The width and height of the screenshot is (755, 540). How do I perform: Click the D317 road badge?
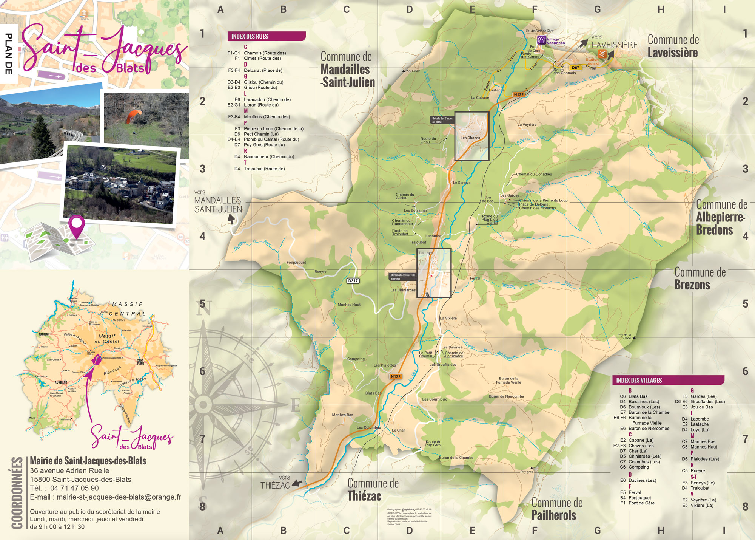point(353,281)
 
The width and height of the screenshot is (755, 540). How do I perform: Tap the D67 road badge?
point(575,68)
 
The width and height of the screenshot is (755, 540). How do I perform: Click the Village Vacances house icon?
point(542,40)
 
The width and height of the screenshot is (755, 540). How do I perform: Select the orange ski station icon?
point(602,54)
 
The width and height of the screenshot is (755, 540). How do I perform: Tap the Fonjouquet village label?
point(296,263)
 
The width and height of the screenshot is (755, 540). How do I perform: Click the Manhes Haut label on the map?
point(349,305)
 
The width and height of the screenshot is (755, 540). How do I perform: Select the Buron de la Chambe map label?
point(456,458)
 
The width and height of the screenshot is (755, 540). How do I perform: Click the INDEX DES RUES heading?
point(250,36)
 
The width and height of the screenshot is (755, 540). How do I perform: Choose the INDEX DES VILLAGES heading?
point(639,380)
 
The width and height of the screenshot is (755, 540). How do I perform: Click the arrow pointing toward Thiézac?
point(297,483)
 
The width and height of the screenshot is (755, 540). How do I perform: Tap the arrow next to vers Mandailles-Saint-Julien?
point(231,219)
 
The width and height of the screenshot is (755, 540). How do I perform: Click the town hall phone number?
point(74,488)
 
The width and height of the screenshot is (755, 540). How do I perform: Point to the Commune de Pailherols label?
point(554,509)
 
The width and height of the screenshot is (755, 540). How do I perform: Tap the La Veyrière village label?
point(527,125)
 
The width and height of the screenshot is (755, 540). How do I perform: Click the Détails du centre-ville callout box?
point(402,277)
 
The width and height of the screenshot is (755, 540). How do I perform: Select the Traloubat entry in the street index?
point(264,169)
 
